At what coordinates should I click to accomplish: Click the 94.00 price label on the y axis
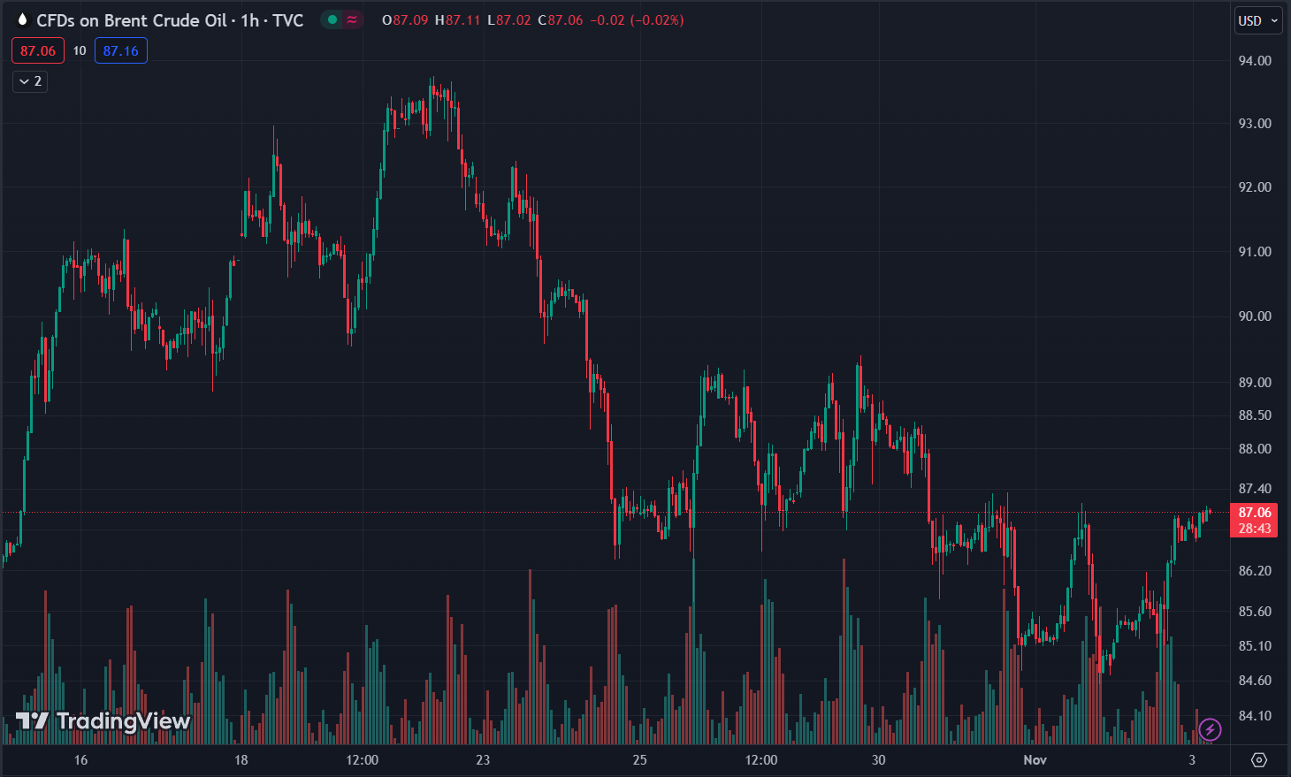click(x=1254, y=61)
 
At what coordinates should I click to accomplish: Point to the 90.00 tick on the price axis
click(x=1254, y=316)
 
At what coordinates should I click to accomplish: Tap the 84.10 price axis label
click(x=1254, y=716)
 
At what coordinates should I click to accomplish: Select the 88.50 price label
click(x=1254, y=415)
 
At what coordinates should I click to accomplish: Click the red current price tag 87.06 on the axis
click(x=1254, y=513)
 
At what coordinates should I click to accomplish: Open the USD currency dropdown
click(x=1257, y=20)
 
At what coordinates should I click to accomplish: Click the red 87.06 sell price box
click(x=38, y=51)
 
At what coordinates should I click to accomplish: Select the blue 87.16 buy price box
click(x=121, y=51)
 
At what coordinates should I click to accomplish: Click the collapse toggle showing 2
click(x=30, y=81)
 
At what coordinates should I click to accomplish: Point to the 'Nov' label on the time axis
click(x=1035, y=760)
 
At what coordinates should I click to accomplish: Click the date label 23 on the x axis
click(x=483, y=760)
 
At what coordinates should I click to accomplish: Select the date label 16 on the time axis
click(x=81, y=760)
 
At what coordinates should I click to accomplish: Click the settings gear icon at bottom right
click(x=1259, y=760)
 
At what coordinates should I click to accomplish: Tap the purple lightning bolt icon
click(x=1210, y=729)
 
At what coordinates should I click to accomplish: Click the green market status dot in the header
click(x=332, y=20)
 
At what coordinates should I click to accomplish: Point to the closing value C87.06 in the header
click(x=561, y=20)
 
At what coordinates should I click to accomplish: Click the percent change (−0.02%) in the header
click(x=657, y=20)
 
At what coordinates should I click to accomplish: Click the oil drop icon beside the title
click(x=22, y=20)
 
